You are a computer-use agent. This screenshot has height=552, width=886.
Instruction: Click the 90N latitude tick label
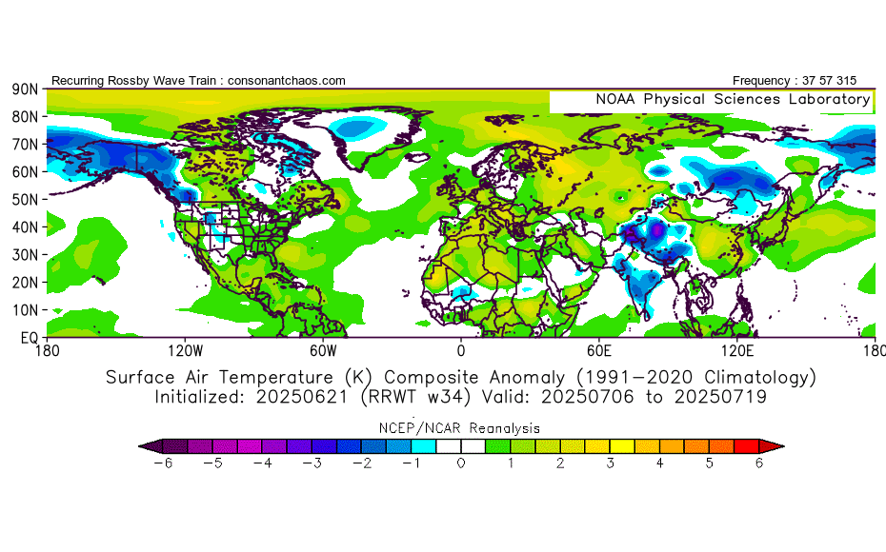(25, 89)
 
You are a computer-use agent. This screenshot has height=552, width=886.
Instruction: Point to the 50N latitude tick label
(25, 200)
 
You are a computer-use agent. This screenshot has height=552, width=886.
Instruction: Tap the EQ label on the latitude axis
(29, 338)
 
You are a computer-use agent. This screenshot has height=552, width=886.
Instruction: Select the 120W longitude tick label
(186, 351)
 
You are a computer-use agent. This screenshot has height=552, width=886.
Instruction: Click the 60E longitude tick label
(599, 351)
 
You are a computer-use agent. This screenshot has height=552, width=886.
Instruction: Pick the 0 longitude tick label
(461, 351)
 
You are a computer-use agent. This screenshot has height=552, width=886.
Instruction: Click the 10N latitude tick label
(25, 310)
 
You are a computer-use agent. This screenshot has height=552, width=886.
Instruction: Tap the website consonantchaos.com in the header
(287, 81)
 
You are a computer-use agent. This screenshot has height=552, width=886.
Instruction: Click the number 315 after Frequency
(846, 81)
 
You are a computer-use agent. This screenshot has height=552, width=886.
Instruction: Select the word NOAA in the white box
(615, 99)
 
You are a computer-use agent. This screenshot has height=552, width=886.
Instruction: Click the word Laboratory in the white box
(830, 100)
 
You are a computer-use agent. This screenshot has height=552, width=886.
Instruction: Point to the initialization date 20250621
(302, 397)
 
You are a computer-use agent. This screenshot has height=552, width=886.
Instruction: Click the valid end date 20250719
(720, 397)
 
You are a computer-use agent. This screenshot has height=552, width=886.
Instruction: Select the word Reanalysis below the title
(505, 428)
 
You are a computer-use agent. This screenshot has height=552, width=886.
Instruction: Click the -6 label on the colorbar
(163, 463)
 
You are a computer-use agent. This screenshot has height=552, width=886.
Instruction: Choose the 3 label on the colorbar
(611, 463)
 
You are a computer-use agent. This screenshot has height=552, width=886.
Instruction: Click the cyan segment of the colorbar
(424, 446)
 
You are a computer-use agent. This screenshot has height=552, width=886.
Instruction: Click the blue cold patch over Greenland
(354, 128)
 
